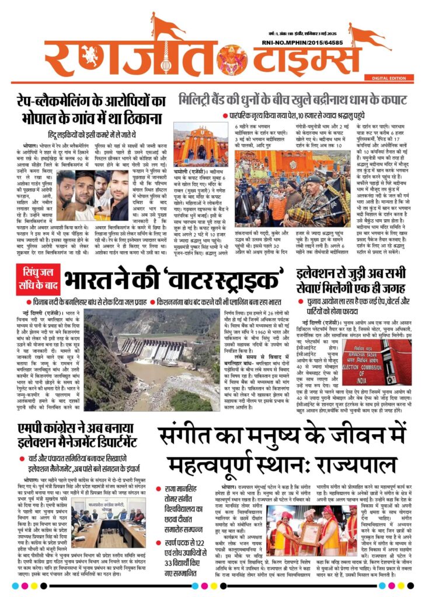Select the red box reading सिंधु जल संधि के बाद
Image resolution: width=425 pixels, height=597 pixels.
coord(38,278)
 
